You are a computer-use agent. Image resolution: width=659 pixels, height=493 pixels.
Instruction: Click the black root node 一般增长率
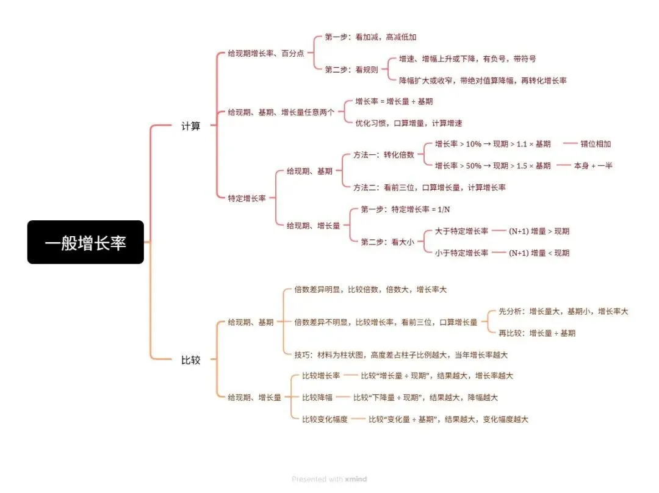coord(85,242)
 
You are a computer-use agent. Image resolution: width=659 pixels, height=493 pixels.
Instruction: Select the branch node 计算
coord(190,126)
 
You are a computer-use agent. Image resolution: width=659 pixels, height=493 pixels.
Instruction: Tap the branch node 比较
coord(190,360)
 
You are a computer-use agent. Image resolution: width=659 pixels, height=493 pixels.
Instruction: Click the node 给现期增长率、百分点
coord(266,54)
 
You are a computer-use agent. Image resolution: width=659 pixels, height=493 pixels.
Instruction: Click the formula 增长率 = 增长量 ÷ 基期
coord(394,101)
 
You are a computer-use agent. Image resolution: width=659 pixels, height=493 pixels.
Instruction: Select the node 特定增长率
coord(247,198)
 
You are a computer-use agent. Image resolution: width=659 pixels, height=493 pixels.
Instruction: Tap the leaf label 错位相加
coord(596,144)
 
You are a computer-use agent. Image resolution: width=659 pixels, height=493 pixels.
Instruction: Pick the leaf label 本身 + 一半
coord(592,165)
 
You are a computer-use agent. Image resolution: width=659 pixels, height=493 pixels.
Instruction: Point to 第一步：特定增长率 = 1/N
coord(405,209)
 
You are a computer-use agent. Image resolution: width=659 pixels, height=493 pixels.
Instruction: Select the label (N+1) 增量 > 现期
coord(539,231)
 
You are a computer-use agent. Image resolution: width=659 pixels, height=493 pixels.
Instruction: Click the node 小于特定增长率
coord(461,253)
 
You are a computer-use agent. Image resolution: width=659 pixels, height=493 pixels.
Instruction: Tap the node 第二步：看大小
coord(387,242)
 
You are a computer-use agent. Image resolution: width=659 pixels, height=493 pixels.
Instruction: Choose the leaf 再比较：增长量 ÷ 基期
coord(537,333)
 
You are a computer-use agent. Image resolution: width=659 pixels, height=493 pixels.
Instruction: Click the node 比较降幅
coord(317,398)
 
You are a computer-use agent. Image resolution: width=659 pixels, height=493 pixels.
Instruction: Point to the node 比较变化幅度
coord(325,419)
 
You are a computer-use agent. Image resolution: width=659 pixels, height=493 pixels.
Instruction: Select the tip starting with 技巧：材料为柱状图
coord(401,354)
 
